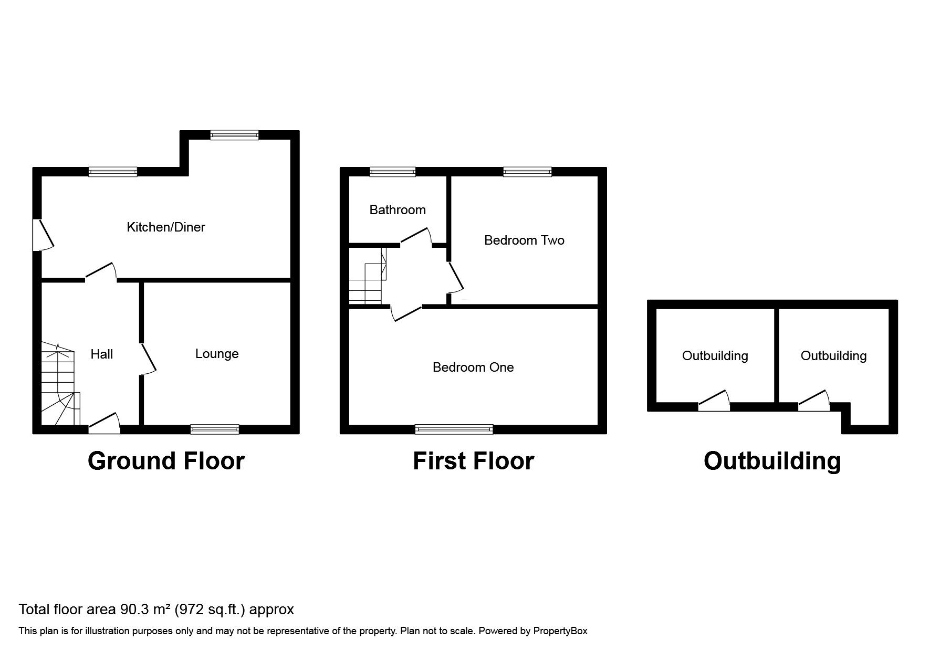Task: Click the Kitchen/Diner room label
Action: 165,227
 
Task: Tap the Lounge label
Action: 217,354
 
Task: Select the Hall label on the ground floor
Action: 101,354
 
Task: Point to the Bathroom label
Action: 398,210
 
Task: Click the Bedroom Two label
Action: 524,240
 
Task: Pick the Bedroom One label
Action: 473,367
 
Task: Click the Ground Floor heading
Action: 166,461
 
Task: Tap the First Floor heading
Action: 473,461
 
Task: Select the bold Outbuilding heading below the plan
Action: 772,461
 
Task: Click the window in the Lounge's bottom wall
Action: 215,429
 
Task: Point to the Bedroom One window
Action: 454,429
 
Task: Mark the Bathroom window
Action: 392,171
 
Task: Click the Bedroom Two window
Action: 527,171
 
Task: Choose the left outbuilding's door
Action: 714,402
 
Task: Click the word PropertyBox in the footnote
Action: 560,631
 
